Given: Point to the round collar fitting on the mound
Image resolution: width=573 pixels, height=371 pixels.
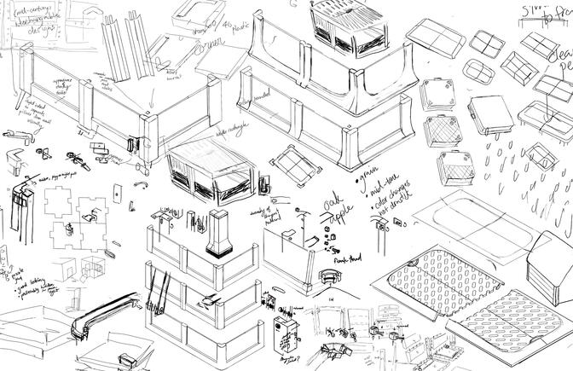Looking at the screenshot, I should pyautogui.click(x=327, y=278).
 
